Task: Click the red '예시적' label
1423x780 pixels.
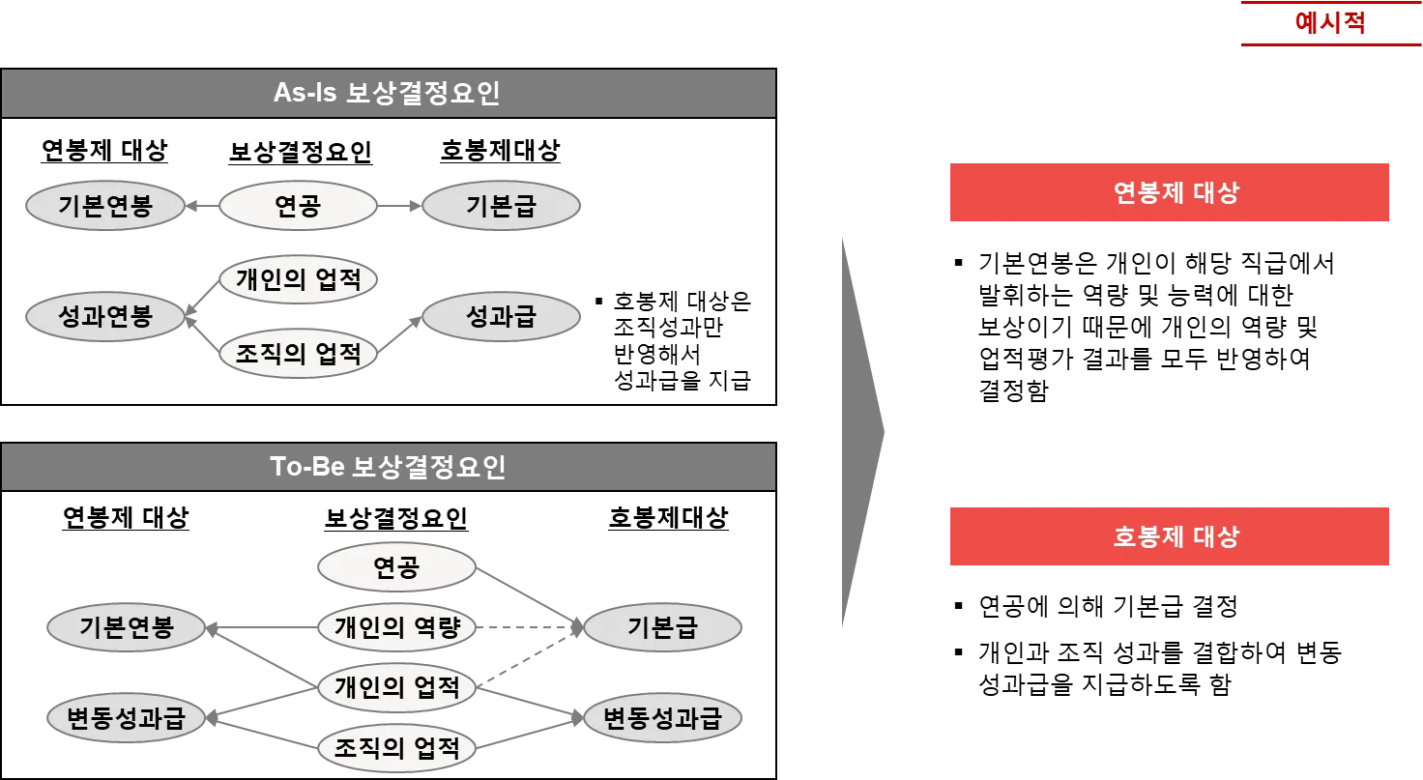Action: click(x=1329, y=23)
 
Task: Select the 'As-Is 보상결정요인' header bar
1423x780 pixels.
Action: click(x=388, y=94)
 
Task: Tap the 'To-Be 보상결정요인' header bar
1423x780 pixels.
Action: click(x=388, y=468)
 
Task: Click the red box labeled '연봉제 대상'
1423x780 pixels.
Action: click(x=1167, y=193)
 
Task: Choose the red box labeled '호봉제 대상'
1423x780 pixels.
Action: click(x=1167, y=536)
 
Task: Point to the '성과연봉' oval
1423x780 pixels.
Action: click(x=105, y=317)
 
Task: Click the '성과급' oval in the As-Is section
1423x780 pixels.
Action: click(x=501, y=317)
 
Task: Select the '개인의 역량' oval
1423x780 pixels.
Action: click(x=396, y=628)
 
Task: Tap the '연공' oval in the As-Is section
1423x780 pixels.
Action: click(x=298, y=206)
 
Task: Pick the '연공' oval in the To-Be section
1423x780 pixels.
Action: click(x=396, y=568)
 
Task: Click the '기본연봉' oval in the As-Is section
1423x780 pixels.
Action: click(x=105, y=206)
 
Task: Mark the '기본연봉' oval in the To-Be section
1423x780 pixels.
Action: click(x=127, y=628)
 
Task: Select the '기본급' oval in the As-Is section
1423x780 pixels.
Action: click(x=501, y=206)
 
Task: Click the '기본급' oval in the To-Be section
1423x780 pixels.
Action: click(x=662, y=628)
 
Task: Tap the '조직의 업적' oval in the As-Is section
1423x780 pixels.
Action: click(x=298, y=354)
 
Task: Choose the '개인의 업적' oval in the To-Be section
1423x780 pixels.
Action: click(x=396, y=688)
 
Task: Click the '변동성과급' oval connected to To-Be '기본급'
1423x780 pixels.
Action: click(x=662, y=719)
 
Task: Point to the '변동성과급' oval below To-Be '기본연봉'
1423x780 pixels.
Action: click(x=127, y=719)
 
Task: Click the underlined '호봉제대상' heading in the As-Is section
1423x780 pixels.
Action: click(x=501, y=151)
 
